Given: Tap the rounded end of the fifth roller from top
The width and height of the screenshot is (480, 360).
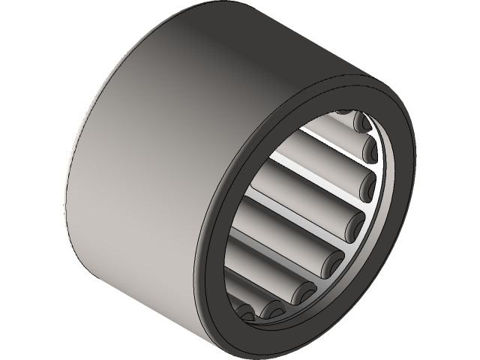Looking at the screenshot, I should (332, 259).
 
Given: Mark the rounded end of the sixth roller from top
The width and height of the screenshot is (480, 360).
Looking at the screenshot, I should (307, 289).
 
